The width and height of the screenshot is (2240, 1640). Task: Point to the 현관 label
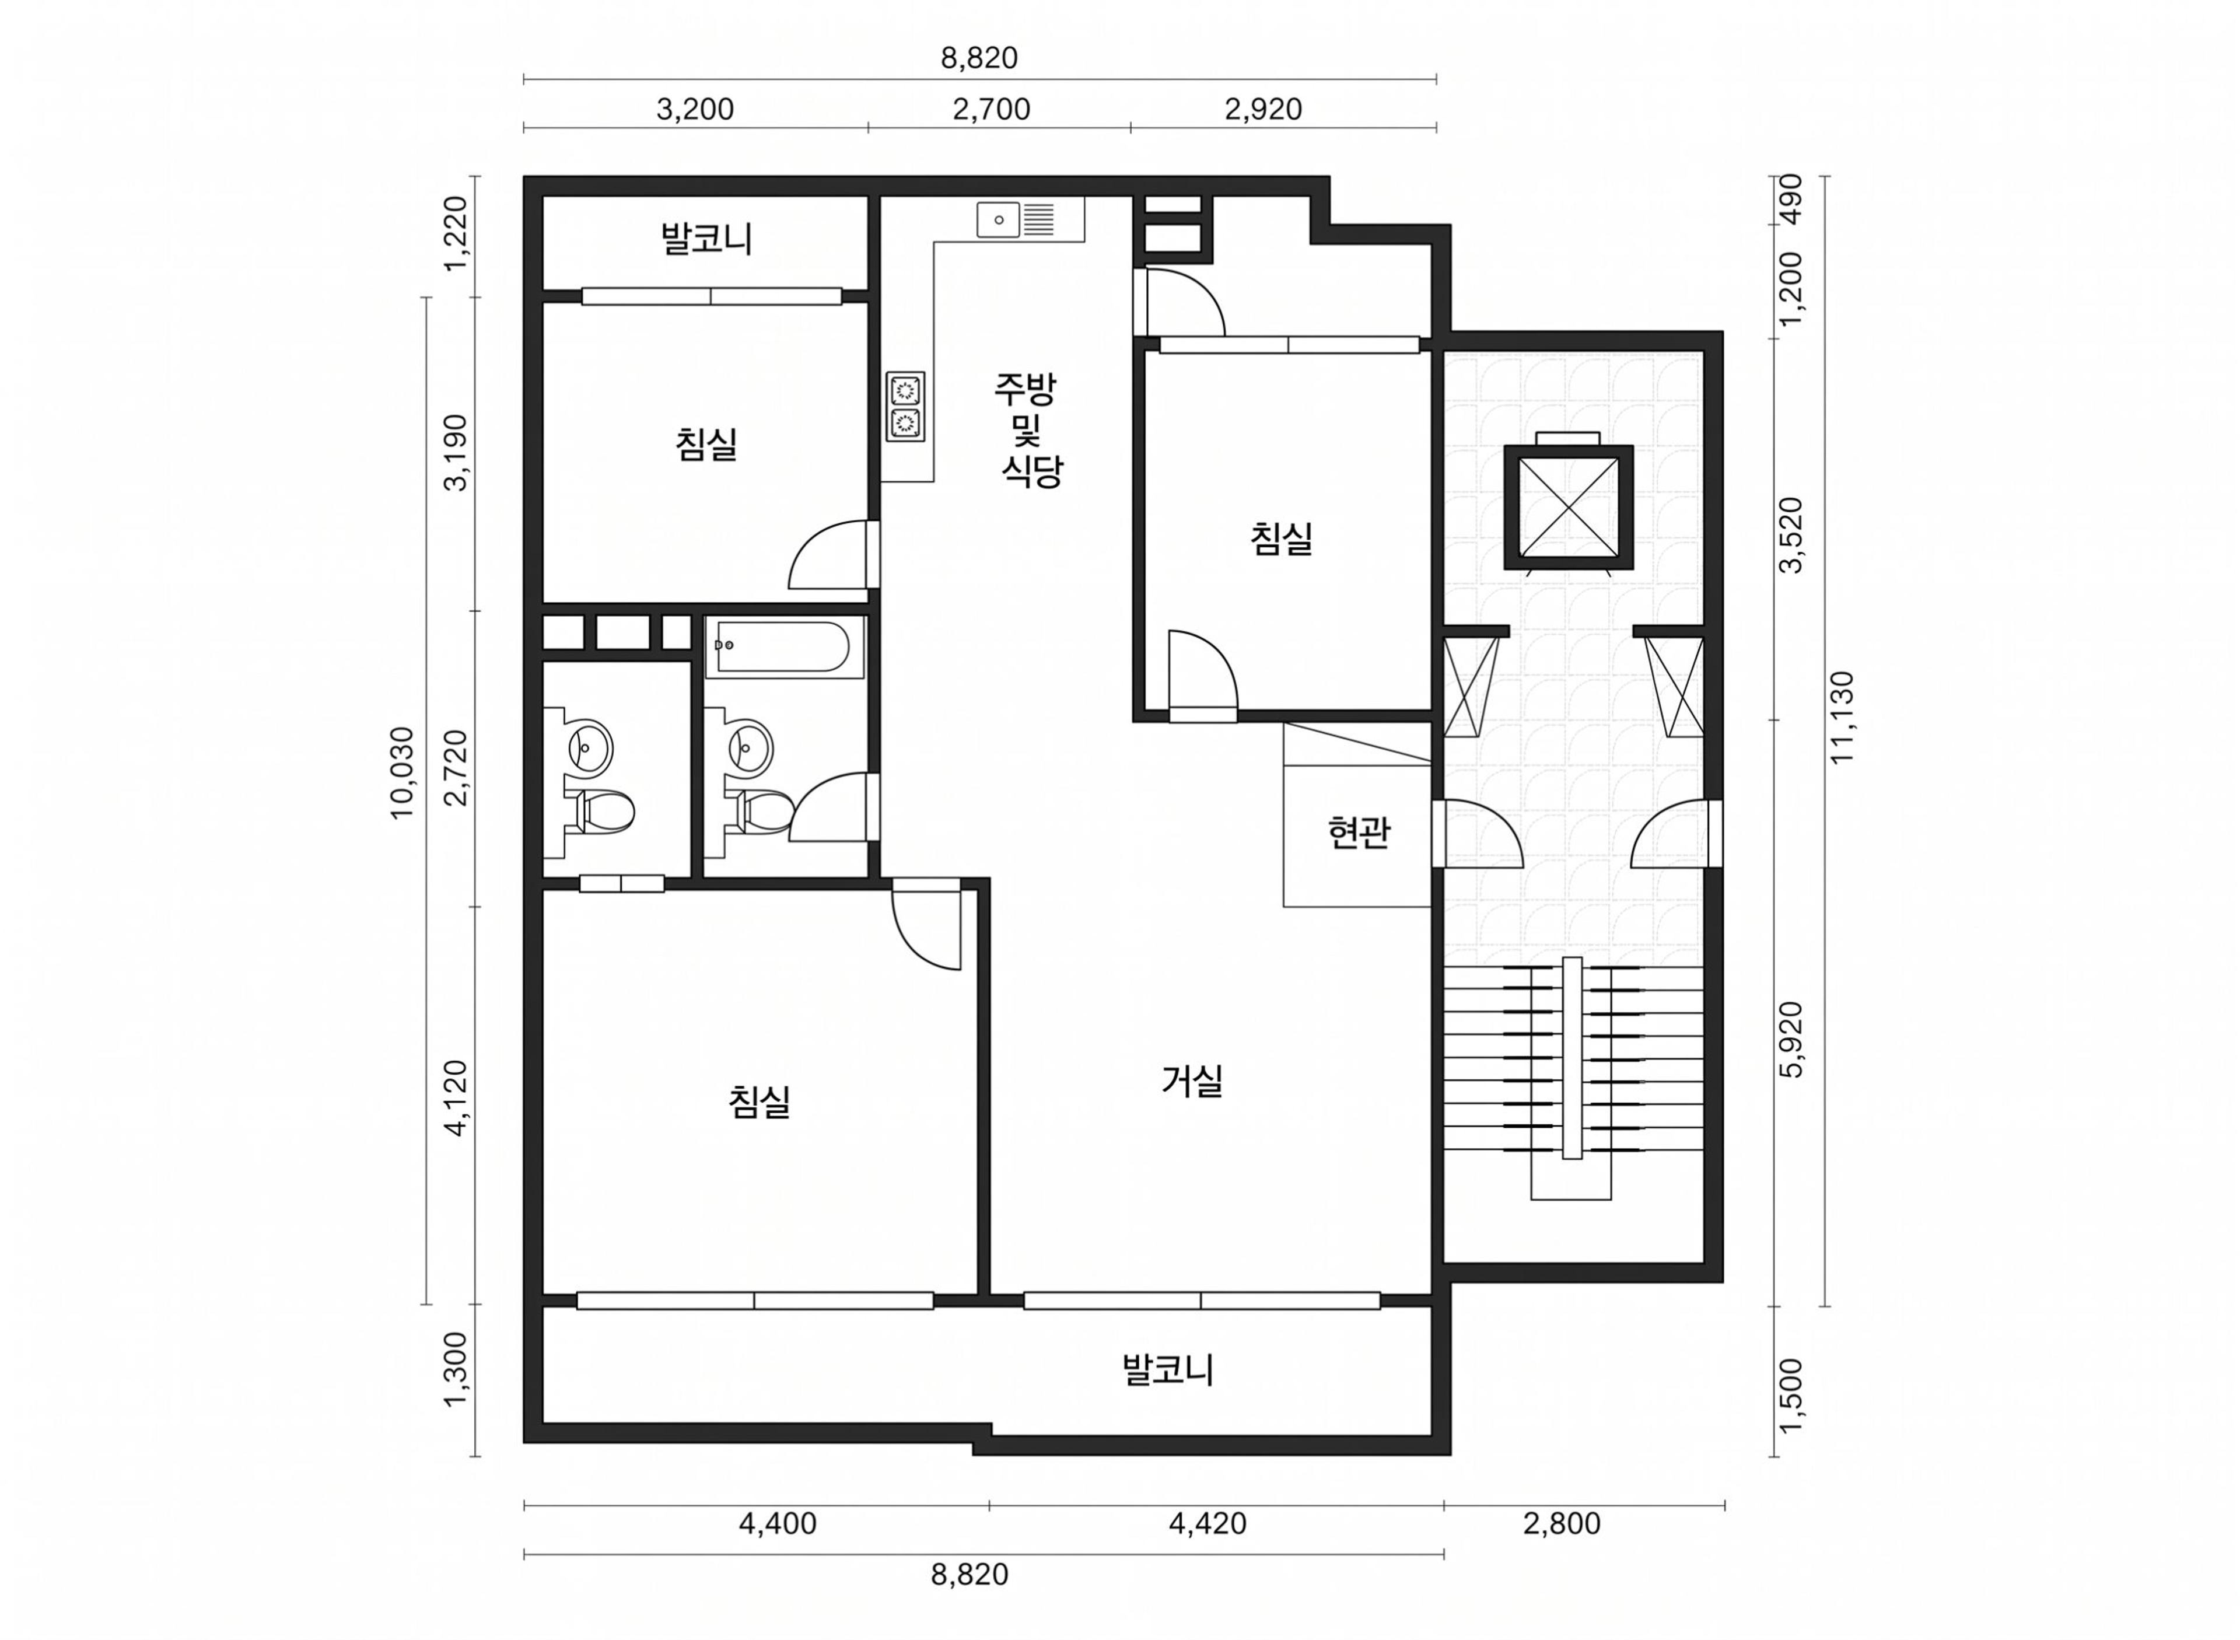[x=1357, y=832]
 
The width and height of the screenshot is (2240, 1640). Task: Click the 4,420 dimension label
[x=1208, y=1523]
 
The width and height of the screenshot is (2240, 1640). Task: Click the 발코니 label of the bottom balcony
[x=1167, y=1370]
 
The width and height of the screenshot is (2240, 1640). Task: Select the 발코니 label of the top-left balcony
[x=706, y=238]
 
